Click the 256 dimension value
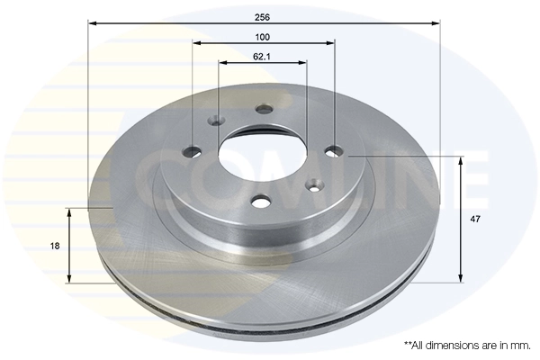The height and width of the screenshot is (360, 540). (263, 16)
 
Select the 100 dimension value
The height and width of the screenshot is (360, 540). (263, 37)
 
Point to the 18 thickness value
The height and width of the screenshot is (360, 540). (55, 245)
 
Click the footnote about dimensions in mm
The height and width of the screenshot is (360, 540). (466, 346)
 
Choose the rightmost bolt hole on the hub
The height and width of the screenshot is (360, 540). (334, 150)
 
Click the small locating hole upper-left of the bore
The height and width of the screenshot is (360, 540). (217, 121)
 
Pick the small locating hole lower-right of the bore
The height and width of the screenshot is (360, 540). (314, 186)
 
